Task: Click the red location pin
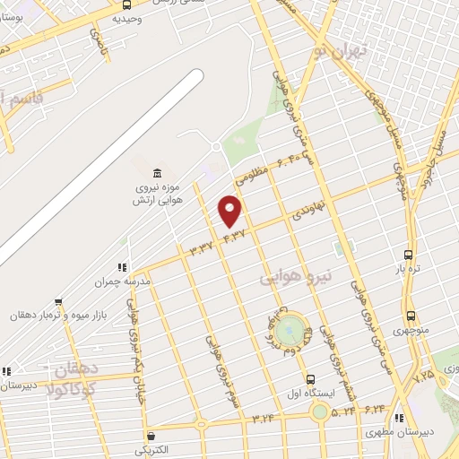230,212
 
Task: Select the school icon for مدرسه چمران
122,266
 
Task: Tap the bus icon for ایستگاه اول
310,378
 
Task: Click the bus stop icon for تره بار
409,254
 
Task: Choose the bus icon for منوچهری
411,316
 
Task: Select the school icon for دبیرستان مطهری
399,418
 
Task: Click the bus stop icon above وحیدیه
125,4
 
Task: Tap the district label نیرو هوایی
296,277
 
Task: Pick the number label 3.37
201,245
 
